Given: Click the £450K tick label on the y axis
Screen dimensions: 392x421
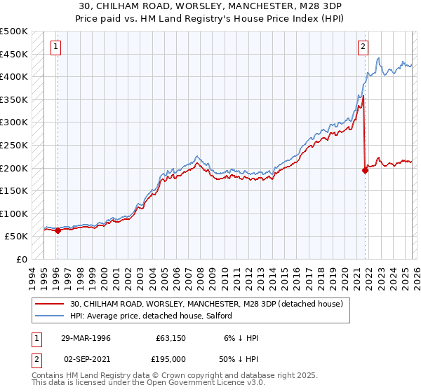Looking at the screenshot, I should click(x=14, y=54).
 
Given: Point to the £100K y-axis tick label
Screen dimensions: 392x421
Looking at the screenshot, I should click(x=14, y=214).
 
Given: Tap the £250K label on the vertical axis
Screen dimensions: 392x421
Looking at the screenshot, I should click(x=14, y=146).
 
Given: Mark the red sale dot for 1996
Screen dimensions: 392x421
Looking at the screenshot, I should click(x=58, y=231).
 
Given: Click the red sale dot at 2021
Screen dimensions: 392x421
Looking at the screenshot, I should click(x=365, y=170).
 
